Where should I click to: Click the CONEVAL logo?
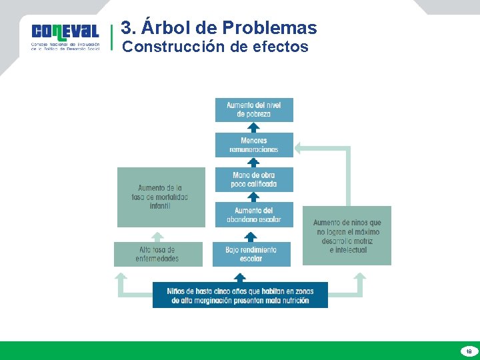pyautogui.click(x=65, y=37)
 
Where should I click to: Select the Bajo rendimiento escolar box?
pyautogui.click(x=251, y=254)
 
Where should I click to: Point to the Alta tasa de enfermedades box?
pyautogui.click(x=157, y=254)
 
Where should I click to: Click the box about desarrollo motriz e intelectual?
pyautogui.click(x=347, y=235)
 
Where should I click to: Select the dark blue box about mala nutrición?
pyautogui.click(x=240, y=295)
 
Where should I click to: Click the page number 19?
pyautogui.click(x=469, y=351)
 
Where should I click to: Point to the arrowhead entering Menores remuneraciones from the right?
pyautogui.click(x=299, y=147)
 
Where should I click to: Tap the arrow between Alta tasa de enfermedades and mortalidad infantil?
pyautogui.click(x=157, y=236)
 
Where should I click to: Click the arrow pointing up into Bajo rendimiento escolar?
pyautogui.click(x=251, y=236)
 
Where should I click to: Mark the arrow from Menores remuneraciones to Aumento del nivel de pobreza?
pyautogui.click(x=253, y=127)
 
